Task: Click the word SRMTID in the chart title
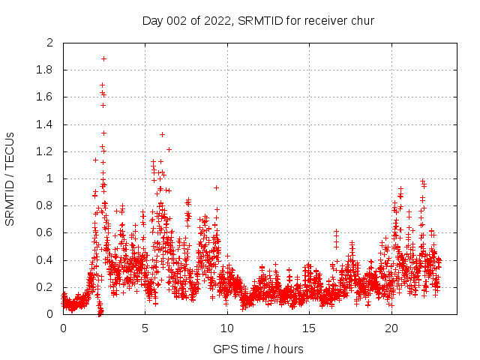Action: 258,20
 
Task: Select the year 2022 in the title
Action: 217,20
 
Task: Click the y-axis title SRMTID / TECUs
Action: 10,178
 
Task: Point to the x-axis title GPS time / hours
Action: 258,349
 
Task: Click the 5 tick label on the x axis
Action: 145,328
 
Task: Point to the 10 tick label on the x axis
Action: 227,328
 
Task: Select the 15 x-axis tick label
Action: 309,328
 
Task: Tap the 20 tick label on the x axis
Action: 391,328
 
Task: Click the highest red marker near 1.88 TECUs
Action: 103,58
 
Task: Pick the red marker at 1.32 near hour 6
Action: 162,134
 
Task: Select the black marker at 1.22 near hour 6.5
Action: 169,149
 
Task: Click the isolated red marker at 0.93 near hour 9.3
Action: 216,187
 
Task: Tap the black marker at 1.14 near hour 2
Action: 95,160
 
